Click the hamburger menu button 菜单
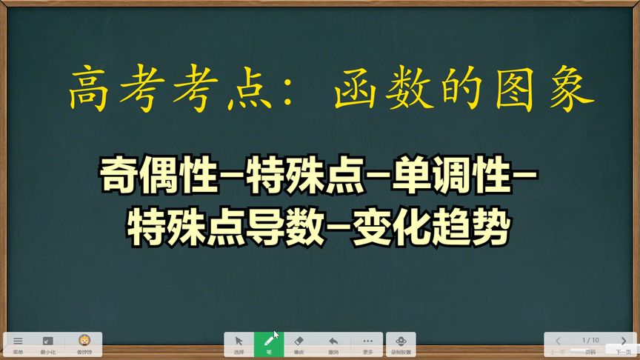coord(18,343)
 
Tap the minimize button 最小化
coord(47,343)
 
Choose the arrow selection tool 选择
coord(239,344)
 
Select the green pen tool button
coord(269,344)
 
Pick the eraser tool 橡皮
coord(299,344)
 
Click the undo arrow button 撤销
coord(333,344)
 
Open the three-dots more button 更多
coord(368,344)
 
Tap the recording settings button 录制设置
coord(401,344)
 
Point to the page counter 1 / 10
coord(590,340)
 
